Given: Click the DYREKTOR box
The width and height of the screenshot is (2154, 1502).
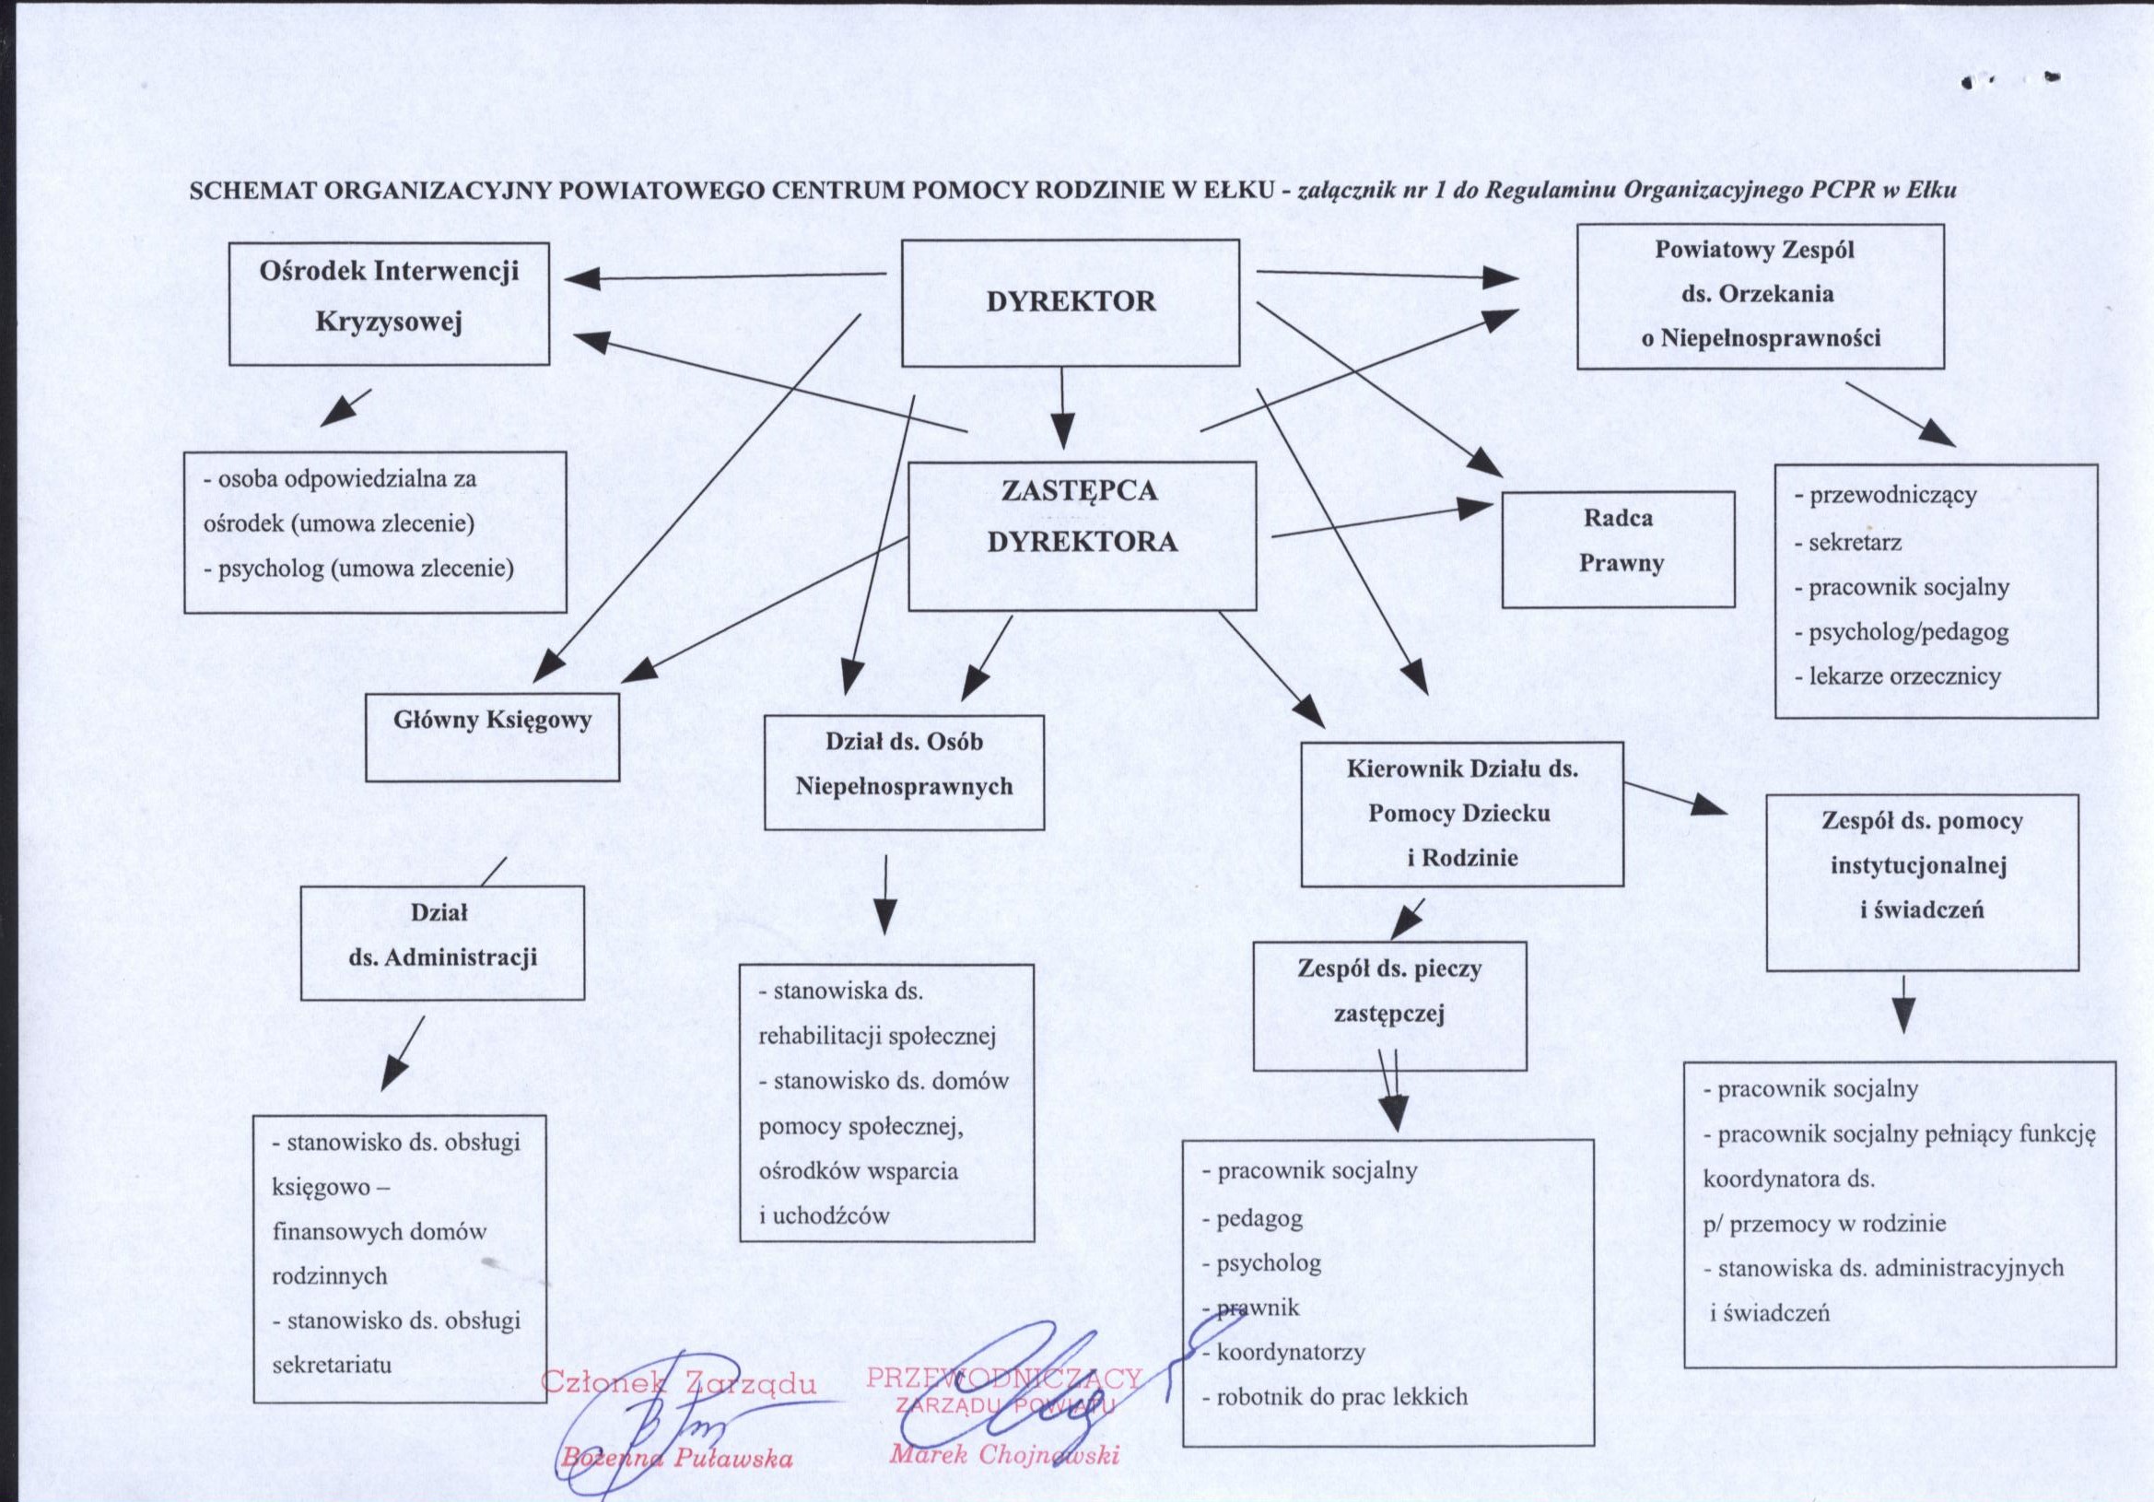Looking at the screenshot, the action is click(1070, 302).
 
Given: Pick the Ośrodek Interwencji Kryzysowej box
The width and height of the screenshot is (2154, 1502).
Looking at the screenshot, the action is click(390, 303).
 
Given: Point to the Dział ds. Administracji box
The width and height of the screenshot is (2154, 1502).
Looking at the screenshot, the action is click(442, 942).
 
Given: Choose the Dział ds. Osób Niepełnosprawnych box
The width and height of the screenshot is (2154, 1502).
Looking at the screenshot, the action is click(905, 772).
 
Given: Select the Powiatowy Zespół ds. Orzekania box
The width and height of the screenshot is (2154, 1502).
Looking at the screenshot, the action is click(1760, 296).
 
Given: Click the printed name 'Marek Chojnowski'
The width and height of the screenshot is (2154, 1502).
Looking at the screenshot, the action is click(1004, 1455).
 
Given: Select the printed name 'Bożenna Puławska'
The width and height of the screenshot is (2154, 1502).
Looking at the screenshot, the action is click(676, 1459).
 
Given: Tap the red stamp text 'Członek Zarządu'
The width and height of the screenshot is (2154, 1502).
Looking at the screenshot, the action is click(678, 1383).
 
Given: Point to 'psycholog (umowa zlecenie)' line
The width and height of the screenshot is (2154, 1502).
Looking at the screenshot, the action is click(358, 569).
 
